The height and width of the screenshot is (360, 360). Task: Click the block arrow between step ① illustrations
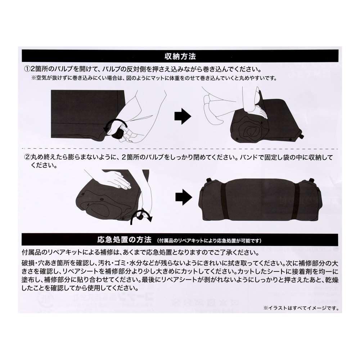(182, 116)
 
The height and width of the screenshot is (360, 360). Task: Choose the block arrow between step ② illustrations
(184, 198)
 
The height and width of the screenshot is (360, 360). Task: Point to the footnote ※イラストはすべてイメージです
(301, 308)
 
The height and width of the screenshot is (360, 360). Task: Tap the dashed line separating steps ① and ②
(180, 148)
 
